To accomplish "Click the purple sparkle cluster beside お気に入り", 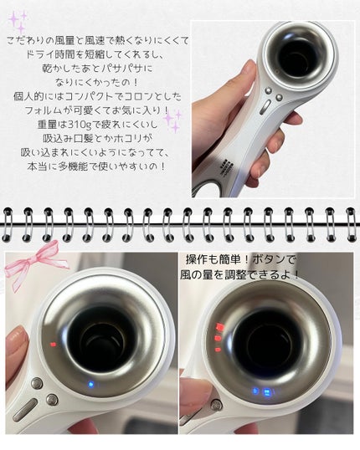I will (x=173, y=120).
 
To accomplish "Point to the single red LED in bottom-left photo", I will (x=52, y=344).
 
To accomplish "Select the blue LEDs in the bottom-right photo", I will (x=260, y=391).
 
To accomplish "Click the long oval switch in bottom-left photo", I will (x=26, y=411).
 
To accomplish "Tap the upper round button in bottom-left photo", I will (x=37, y=383).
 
